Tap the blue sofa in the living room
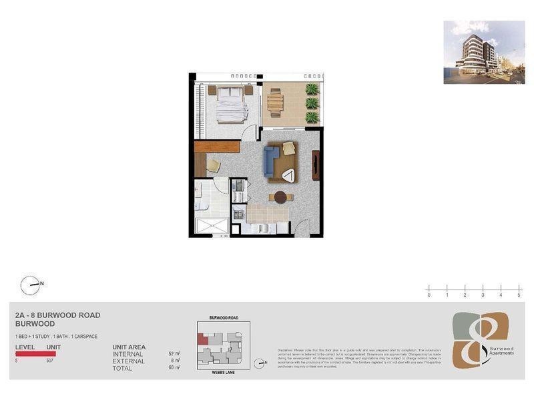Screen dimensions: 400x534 click(x=271, y=159)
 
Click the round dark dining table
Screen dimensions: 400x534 click(x=280, y=197)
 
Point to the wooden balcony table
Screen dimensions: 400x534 click(x=274, y=103)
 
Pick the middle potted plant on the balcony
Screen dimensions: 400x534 click(x=311, y=103)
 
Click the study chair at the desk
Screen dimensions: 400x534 click(x=212, y=165)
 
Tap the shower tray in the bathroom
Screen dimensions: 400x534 click(x=212, y=225)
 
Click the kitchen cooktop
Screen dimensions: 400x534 click(x=237, y=214)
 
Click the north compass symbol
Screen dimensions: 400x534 click(x=31, y=285)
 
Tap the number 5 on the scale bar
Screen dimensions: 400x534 click(x=519, y=294)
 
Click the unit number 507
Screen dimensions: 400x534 click(x=49, y=361)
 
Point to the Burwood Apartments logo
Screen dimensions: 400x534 click(x=480, y=340)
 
